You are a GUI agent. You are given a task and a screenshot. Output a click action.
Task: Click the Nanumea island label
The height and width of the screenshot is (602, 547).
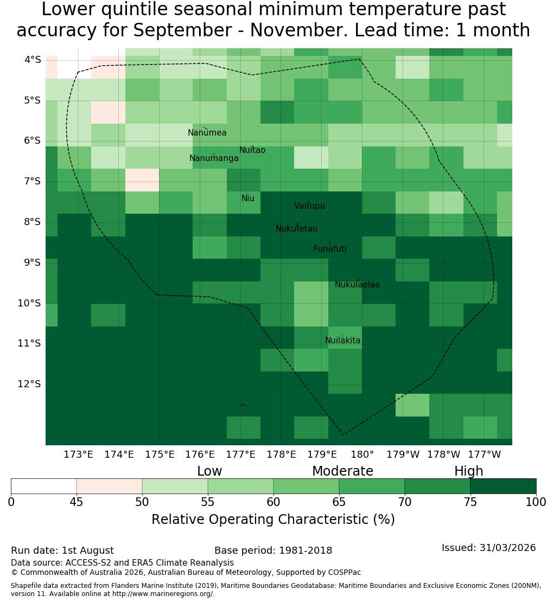pyautogui.click(x=207, y=133)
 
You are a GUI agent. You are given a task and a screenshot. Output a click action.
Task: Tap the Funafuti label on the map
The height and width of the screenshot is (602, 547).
pyautogui.click(x=330, y=249)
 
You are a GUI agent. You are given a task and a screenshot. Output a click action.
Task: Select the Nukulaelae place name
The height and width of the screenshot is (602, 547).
pyautogui.click(x=357, y=285)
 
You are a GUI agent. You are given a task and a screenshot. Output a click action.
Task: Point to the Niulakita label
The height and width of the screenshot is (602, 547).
pyautogui.click(x=342, y=341)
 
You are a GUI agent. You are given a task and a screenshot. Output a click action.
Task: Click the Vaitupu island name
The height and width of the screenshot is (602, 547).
pyautogui.click(x=310, y=206)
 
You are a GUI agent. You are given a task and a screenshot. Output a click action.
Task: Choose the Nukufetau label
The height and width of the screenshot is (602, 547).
pyautogui.click(x=296, y=229)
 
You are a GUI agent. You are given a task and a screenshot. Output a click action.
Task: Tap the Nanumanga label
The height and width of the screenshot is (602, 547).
pyautogui.click(x=214, y=158)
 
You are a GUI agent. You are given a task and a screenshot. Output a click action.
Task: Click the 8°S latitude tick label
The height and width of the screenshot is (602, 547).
pyautogui.click(x=29, y=222)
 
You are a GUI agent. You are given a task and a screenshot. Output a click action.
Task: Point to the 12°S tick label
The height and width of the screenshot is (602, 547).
pyautogui.click(x=29, y=385)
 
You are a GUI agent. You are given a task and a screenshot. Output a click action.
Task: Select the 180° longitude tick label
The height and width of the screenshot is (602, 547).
pyautogui.click(x=362, y=455)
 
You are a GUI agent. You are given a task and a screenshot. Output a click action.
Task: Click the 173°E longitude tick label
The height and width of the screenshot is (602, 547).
pyautogui.click(x=78, y=455)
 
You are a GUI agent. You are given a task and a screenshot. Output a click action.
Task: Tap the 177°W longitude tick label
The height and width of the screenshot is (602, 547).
pyautogui.click(x=485, y=455)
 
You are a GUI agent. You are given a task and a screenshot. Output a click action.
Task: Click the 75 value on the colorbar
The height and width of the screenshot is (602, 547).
pyautogui.click(x=470, y=502)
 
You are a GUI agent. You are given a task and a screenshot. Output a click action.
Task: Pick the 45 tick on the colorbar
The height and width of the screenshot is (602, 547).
pyautogui.click(x=77, y=502)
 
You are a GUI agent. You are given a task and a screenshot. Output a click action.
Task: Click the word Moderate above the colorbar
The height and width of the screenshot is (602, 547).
pyautogui.click(x=342, y=471)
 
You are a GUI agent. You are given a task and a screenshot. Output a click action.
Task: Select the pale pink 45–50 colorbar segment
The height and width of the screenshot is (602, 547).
pyautogui.click(x=110, y=486)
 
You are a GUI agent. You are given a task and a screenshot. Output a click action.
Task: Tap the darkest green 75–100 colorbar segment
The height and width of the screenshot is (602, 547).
pyautogui.click(x=503, y=486)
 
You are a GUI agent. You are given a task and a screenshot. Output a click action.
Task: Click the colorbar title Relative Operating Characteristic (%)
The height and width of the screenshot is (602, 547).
pyautogui.click(x=273, y=520)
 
